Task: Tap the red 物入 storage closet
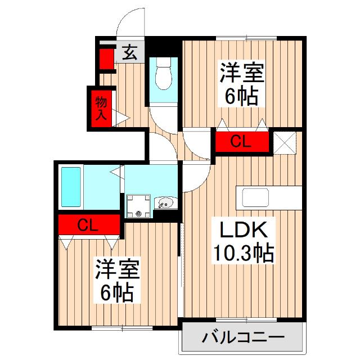point(101,109)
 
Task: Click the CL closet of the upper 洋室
point(240,142)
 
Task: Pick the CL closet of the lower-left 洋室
point(88,226)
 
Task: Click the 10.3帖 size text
point(242,255)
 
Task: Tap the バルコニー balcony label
point(242,339)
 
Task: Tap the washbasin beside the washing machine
point(165,202)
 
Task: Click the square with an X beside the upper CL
point(286,142)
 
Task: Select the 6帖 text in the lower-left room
point(117,292)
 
